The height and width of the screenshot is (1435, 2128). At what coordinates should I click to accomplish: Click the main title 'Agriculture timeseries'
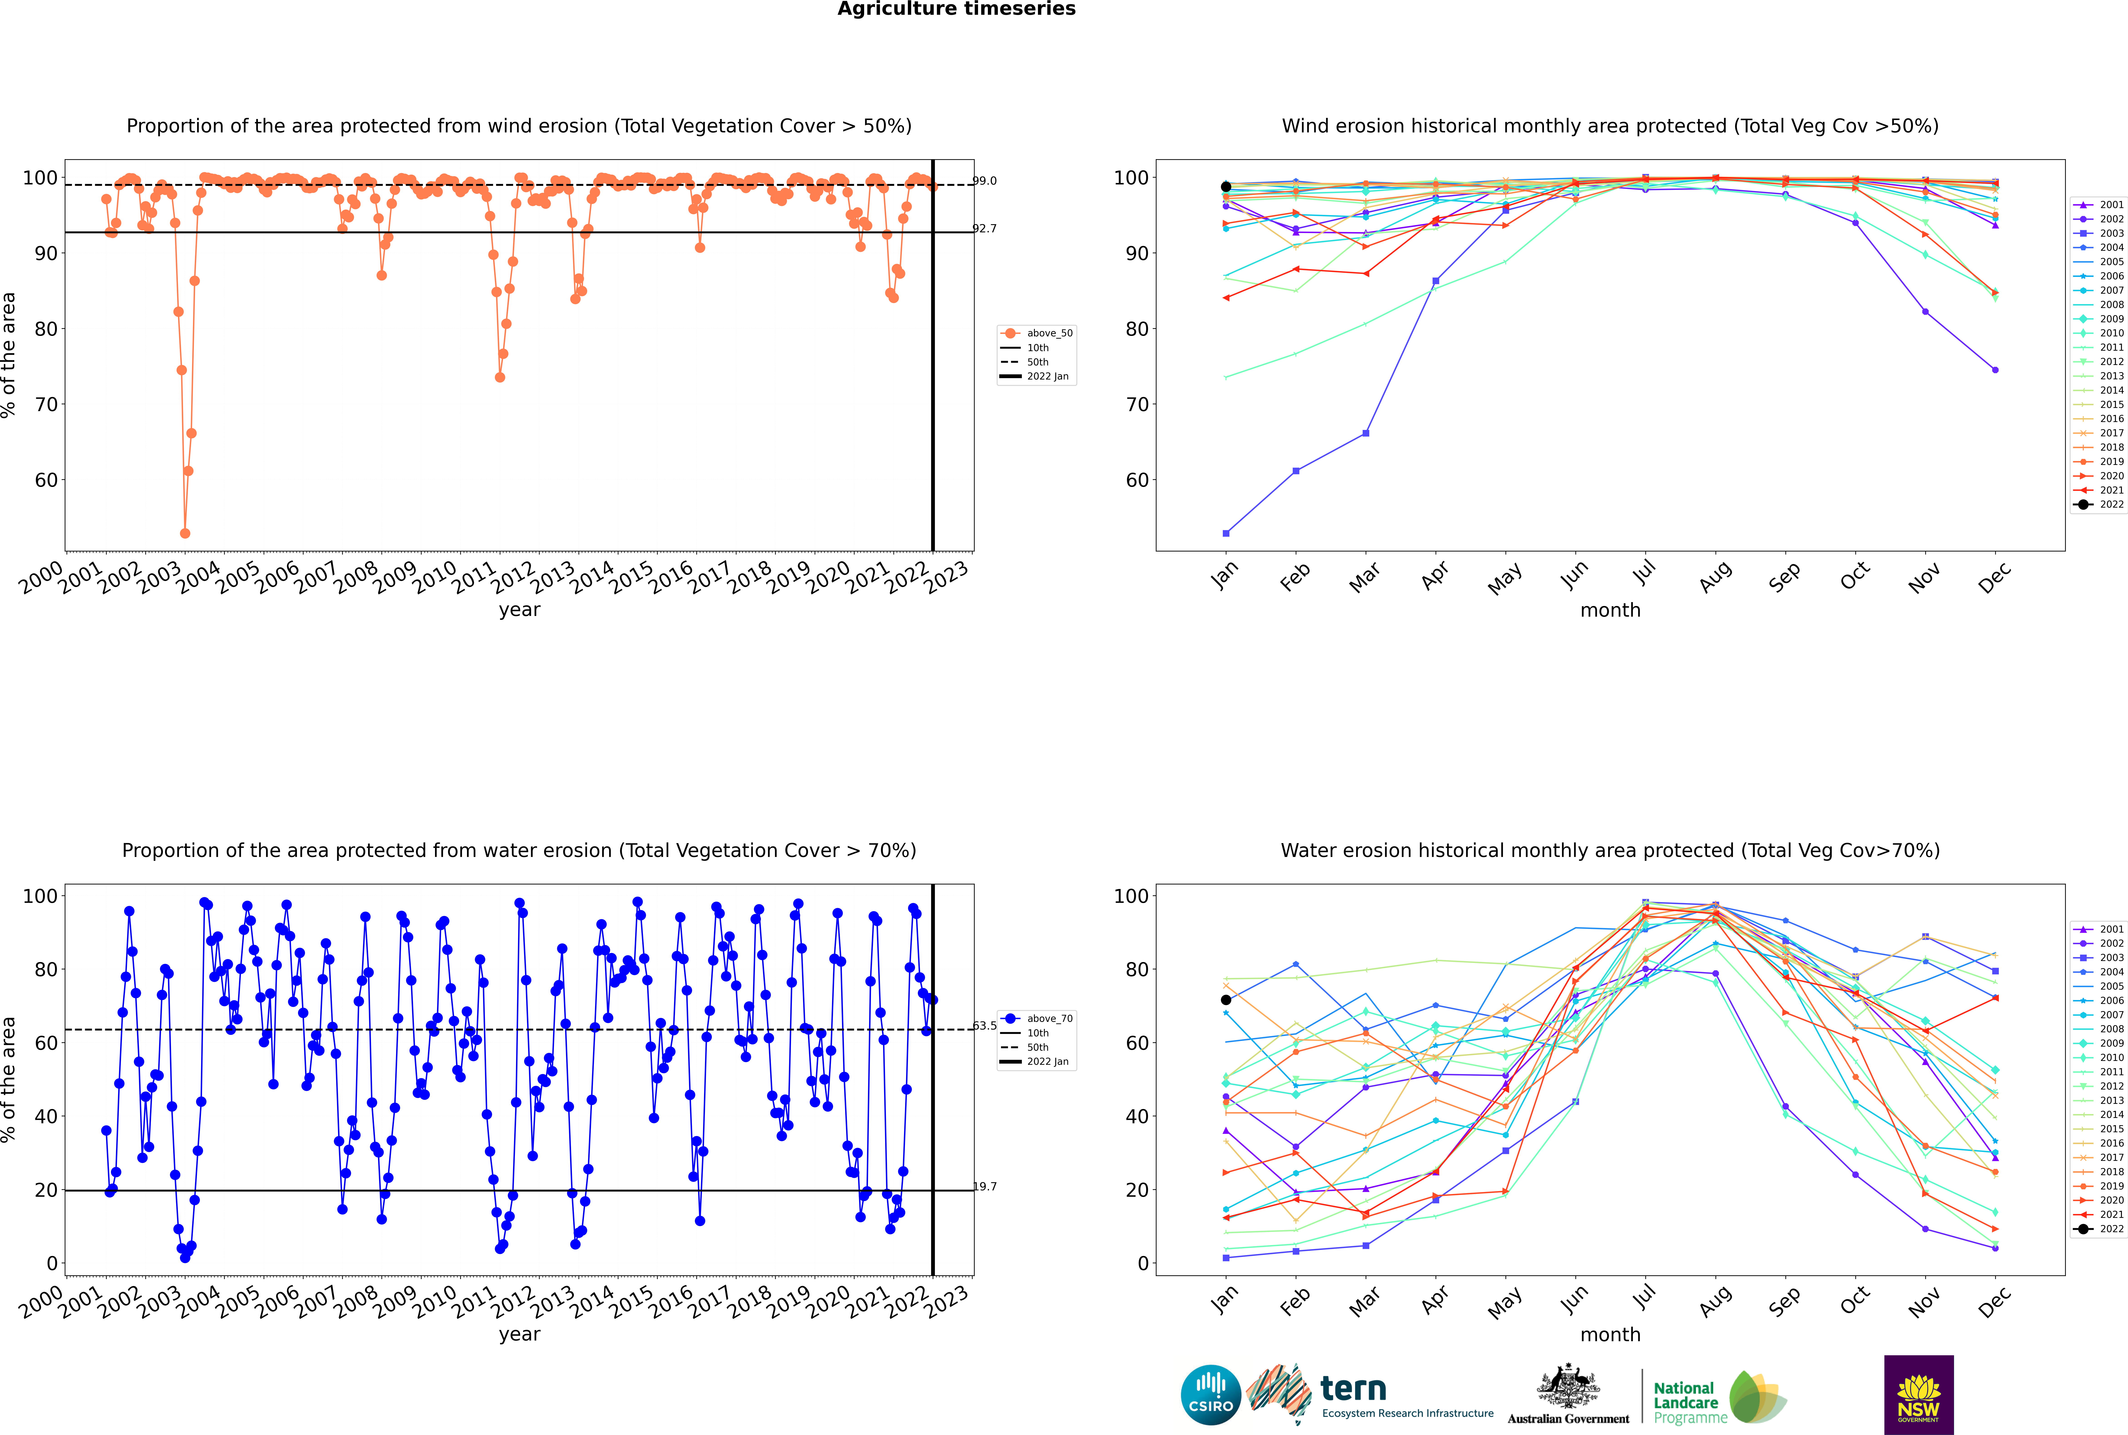tap(956, 9)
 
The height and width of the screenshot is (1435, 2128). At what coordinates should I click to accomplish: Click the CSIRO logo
tap(1210, 1395)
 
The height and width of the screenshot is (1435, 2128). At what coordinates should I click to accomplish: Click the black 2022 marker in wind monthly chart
tap(1226, 187)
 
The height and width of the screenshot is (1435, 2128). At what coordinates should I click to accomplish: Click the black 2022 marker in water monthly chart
tap(1226, 999)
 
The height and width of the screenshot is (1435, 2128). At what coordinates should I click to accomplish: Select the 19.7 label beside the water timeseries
tap(984, 1187)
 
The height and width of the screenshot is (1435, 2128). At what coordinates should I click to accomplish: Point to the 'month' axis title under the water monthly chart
tap(1610, 1334)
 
